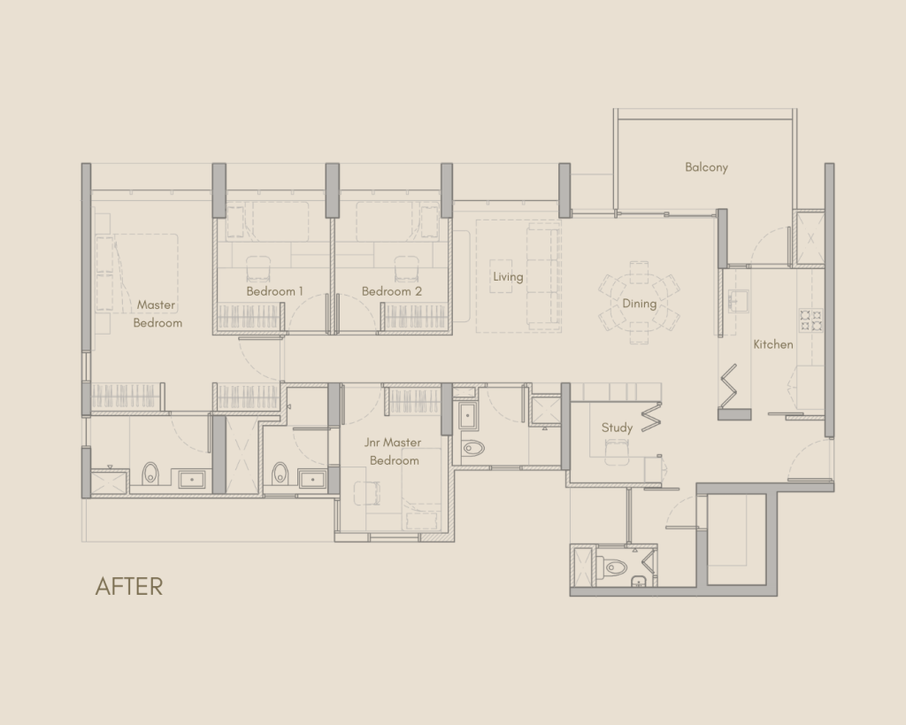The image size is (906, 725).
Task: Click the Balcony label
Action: (x=706, y=167)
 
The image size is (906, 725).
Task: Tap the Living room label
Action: (x=508, y=276)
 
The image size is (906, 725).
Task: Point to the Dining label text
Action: (x=639, y=304)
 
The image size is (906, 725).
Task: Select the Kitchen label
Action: (x=773, y=344)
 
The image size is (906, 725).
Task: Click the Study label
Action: (x=617, y=428)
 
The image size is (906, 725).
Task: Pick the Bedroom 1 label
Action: (x=274, y=291)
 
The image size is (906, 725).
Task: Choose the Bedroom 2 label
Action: (x=392, y=291)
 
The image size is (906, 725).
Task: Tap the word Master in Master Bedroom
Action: (x=156, y=305)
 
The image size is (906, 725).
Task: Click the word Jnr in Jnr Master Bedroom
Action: (x=372, y=443)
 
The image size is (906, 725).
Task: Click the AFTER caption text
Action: (x=129, y=586)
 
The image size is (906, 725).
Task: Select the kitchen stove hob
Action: (x=810, y=320)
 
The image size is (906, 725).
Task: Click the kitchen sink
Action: (x=738, y=299)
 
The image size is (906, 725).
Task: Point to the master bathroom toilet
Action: (x=150, y=474)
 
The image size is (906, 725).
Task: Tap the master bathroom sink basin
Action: (x=192, y=479)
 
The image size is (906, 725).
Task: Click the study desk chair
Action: (x=617, y=451)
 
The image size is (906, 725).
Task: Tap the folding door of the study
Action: (x=651, y=416)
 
